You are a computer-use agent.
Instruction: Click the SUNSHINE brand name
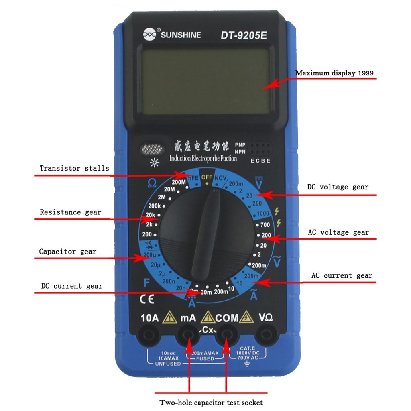(181, 35)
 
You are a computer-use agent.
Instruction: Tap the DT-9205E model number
(244, 35)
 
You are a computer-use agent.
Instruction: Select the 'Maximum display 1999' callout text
(334, 73)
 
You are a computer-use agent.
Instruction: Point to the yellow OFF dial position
(207, 177)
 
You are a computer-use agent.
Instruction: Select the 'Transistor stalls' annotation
(74, 168)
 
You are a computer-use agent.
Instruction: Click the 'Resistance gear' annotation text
(70, 212)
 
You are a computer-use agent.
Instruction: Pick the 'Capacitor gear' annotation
(67, 252)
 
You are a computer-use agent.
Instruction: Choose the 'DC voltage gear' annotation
(338, 187)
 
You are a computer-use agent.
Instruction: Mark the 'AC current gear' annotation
(342, 275)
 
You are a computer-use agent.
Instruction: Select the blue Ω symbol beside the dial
(152, 183)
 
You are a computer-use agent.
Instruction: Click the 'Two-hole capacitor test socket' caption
(211, 402)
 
